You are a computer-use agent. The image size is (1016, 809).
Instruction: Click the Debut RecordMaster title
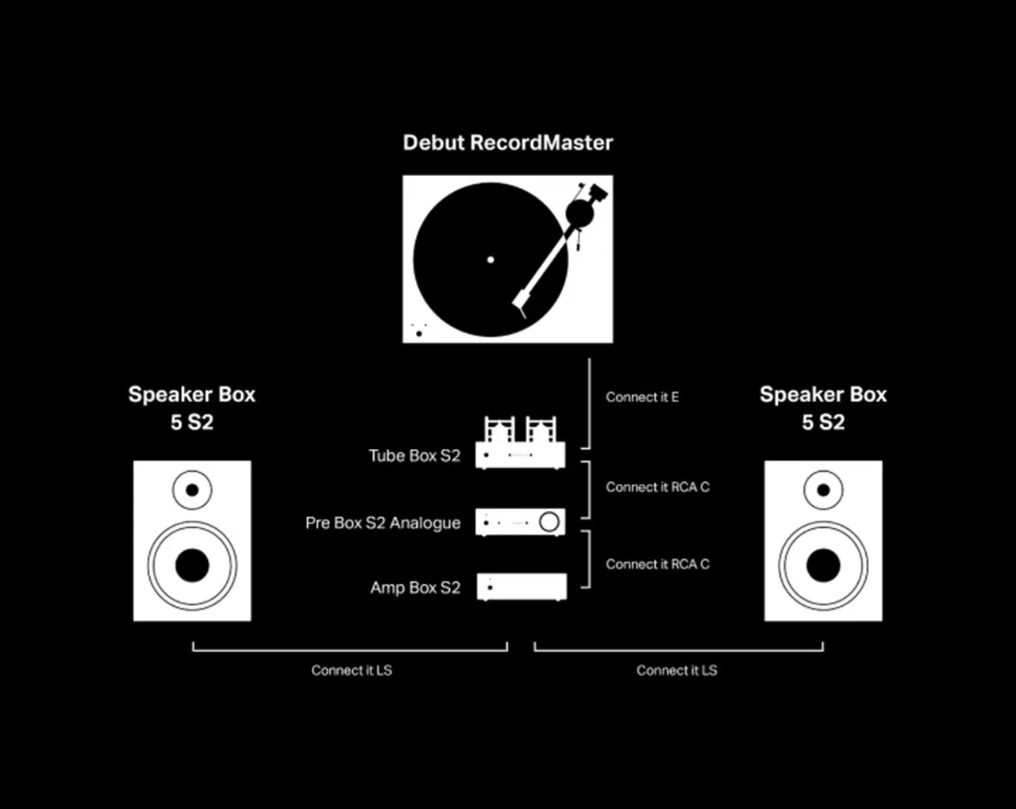click(x=507, y=143)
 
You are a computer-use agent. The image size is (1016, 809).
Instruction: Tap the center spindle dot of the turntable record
click(x=491, y=259)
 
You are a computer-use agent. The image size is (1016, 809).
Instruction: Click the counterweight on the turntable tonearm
click(x=579, y=213)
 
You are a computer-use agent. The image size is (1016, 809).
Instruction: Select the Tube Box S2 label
click(x=414, y=455)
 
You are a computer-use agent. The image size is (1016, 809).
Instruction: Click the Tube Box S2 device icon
click(x=520, y=442)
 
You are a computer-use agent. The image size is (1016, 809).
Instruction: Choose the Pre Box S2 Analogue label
click(x=383, y=523)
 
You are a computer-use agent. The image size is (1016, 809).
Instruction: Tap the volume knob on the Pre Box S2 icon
click(x=548, y=522)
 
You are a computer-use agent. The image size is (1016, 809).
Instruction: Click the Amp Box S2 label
click(x=415, y=587)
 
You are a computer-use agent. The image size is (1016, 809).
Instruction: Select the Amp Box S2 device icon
click(x=521, y=587)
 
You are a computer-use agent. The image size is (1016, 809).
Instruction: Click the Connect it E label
click(x=642, y=397)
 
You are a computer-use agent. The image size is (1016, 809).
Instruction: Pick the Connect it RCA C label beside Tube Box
click(x=658, y=487)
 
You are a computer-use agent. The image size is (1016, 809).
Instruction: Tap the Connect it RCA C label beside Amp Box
click(x=658, y=564)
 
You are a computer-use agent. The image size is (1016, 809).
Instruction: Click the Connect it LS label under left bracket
click(x=352, y=670)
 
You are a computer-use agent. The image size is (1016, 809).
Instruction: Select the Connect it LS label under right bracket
click(x=676, y=670)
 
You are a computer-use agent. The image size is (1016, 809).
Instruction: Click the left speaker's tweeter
click(x=192, y=490)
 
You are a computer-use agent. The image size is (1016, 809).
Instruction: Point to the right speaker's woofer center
click(x=823, y=566)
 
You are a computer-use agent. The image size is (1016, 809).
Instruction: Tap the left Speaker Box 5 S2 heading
click(x=191, y=408)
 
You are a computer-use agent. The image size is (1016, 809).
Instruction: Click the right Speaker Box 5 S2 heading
click(x=823, y=408)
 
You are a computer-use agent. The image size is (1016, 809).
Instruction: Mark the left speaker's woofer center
click(x=192, y=566)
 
